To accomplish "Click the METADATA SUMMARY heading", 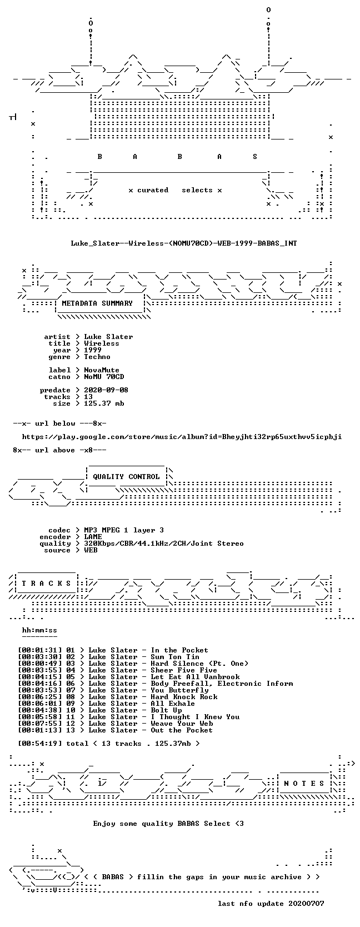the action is pos(97,303).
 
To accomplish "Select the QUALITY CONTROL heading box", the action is pos(126,477).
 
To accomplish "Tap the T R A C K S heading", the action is pos(46,584).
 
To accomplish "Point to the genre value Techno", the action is pos(97,357).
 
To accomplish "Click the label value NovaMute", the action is pos(102,370).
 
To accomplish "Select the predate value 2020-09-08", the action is pos(106,390).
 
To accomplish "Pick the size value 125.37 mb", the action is pos(104,403).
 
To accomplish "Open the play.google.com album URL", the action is pos(182,437).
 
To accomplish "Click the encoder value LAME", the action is pos(93,537).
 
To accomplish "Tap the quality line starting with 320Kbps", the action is pos(164,544).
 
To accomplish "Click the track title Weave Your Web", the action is pos(182,724).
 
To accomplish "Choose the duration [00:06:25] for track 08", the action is pos(40,697).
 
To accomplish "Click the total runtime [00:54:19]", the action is pos(40,743).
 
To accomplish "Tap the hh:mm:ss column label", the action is pos(40,630).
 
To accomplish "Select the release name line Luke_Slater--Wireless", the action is pos(184,243).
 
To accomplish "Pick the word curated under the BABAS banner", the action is pos(153,190).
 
